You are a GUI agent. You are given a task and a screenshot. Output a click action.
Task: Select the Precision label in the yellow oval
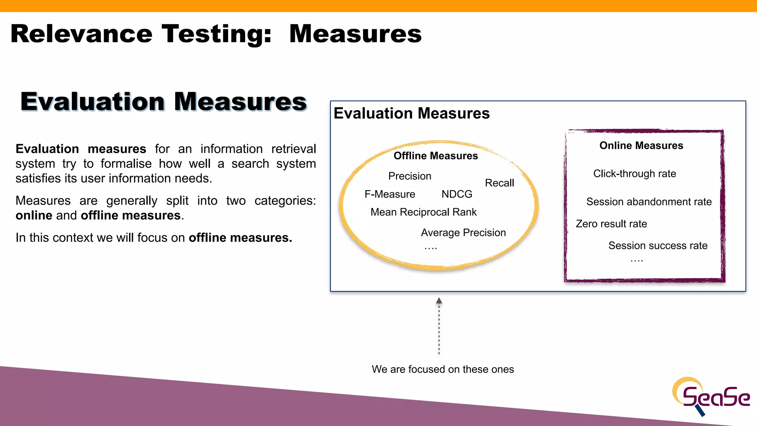pyautogui.click(x=410, y=176)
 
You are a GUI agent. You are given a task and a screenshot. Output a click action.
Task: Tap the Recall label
pyautogui.click(x=499, y=183)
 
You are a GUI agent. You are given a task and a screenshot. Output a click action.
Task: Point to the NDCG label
pyautogui.click(x=457, y=194)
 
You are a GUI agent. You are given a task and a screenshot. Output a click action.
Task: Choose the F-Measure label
pyautogui.click(x=390, y=194)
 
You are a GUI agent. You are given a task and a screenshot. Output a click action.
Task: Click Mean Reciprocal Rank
pyautogui.click(x=424, y=212)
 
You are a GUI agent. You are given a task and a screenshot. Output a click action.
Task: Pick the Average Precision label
pyautogui.click(x=463, y=233)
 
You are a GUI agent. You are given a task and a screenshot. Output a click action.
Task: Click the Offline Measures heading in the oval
pyautogui.click(x=435, y=156)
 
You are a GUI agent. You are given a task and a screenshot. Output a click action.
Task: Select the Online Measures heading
pyautogui.click(x=641, y=145)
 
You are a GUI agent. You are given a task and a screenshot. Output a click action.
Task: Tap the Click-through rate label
pyautogui.click(x=634, y=173)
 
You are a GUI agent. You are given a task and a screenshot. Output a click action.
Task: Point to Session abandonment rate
pyautogui.click(x=649, y=202)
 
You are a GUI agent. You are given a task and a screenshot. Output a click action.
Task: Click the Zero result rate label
pyautogui.click(x=611, y=224)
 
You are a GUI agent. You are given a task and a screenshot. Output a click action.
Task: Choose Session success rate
pyautogui.click(x=658, y=246)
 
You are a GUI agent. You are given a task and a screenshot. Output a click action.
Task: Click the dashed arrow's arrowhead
pyautogui.click(x=439, y=301)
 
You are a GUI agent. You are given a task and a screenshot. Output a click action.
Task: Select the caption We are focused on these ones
pyautogui.click(x=443, y=369)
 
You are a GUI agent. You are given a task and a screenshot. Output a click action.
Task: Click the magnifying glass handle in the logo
pyautogui.click(x=700, y=411)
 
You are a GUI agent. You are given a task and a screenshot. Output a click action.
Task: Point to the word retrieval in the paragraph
pyautogui.click(x=293, y=149)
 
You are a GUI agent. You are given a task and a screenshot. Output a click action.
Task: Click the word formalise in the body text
pyautogui.click(x=126, y=163)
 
